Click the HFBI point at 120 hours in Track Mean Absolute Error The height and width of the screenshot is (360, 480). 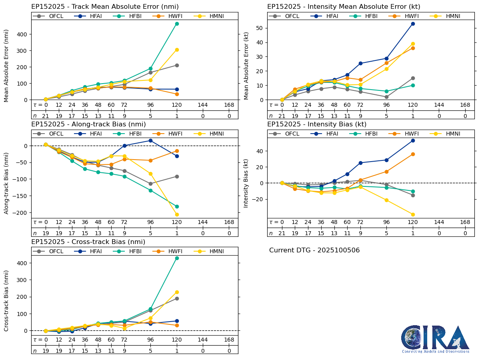pyautogui.click(x=177, y=24)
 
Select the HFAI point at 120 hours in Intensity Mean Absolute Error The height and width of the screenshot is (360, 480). pyautogui.click(x=413, y=24)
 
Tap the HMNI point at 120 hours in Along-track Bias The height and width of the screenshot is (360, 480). pyautogui.click(x=177, y=214)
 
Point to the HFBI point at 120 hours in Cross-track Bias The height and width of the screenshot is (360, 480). pyautogui.click(x=177, y=258)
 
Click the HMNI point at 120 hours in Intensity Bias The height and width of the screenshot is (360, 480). pyautogui.click(x=413, y=214)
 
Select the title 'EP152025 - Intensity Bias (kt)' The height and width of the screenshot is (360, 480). pyautogui.click(x=317, y=124)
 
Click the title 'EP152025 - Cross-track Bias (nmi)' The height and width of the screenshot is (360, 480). pyautogui.click(x=88, y=242)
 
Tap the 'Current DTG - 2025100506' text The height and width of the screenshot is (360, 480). pyautogui.click(x=314, y=250)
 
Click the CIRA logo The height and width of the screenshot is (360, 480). pyautogui.click(x=435, y=339)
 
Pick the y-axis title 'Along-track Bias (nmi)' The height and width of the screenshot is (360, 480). pyautogui.click(x=6, y=183)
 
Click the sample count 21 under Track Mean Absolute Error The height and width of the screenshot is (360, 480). pyautogui.click(x=46, y=116)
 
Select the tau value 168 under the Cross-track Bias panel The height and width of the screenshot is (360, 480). pyautogui.click(x=229, y=340)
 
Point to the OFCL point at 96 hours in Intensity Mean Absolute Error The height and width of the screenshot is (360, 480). pyautogui.click(x=386, y=97)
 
